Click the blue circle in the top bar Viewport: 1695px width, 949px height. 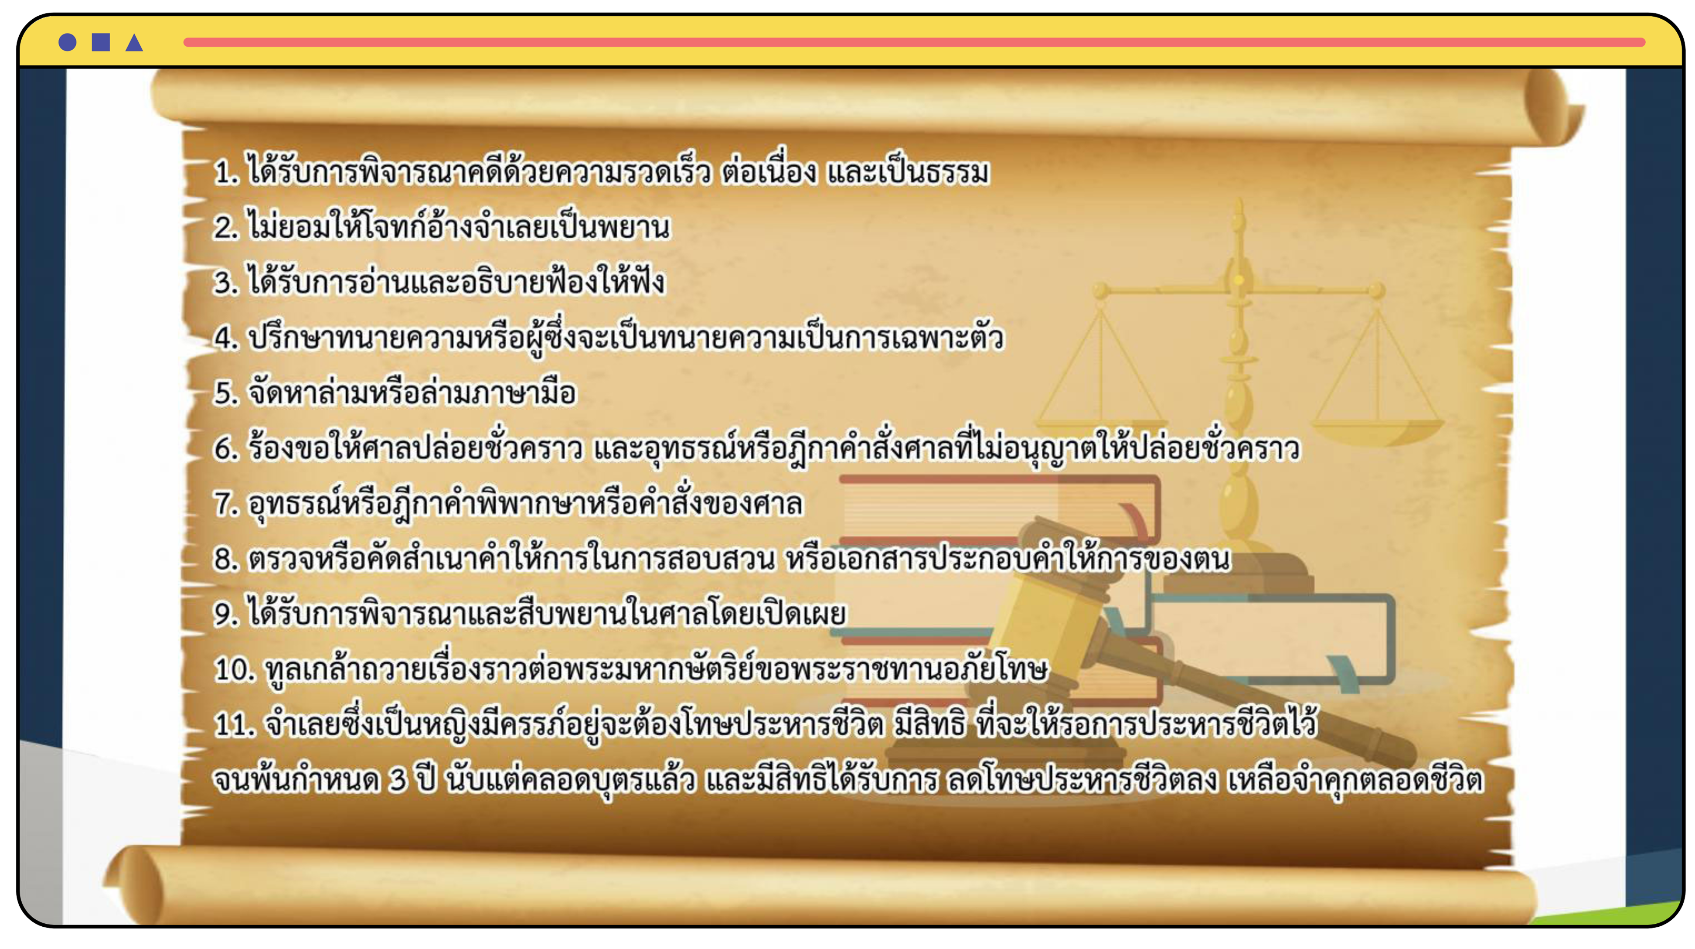tap(67, 42)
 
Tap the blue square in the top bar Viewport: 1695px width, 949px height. tap(101, 42)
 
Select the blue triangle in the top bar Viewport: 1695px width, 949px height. tap(134, 42)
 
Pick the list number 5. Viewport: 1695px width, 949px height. tap(226, 393)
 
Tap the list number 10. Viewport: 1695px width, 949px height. tap(234, 670)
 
